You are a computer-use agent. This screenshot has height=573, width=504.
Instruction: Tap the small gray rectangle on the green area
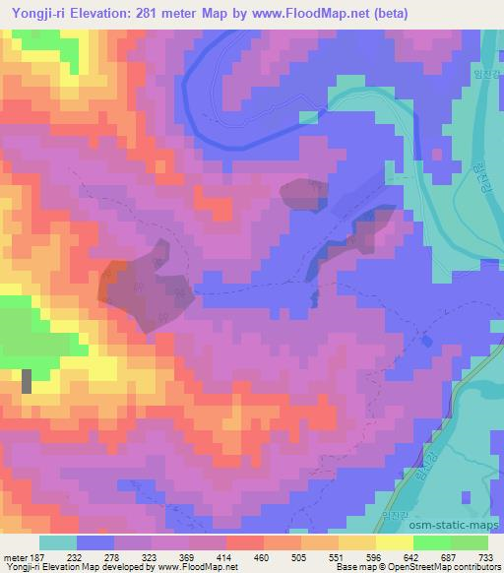[x=26, y=382]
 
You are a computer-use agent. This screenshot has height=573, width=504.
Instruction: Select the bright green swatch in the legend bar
[x=431, y=541]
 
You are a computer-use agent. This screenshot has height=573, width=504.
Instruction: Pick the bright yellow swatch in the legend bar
[x=394, y=541]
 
